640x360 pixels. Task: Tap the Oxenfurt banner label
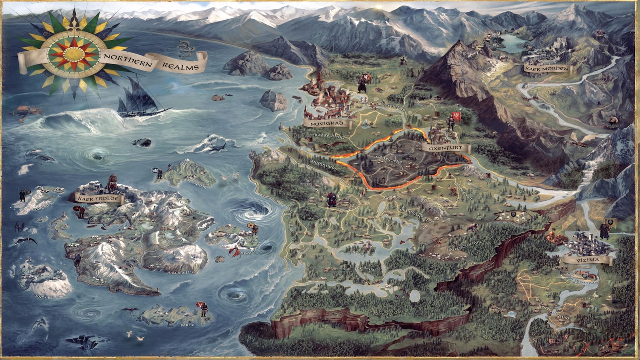point(446,148)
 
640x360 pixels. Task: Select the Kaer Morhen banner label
point(547,69)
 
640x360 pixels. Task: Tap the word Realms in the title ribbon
point(180,66)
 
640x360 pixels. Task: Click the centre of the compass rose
point(74,52)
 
